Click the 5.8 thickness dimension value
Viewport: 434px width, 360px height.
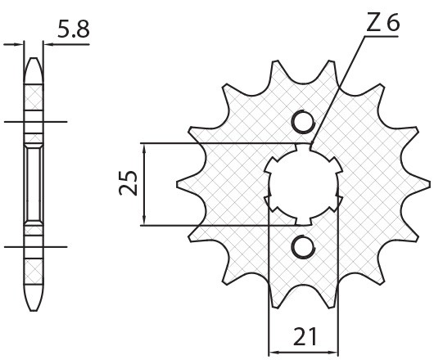click(x=73, y=30)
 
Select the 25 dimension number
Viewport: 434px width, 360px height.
click(x=128, y=185)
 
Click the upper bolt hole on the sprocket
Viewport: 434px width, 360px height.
click(x=301, y=124)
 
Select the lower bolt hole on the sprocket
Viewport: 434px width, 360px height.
click(x=301, y=245)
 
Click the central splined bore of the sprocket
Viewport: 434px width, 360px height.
click(x=301, y=184)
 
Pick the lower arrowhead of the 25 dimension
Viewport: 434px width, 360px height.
click(x=143, y=220)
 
